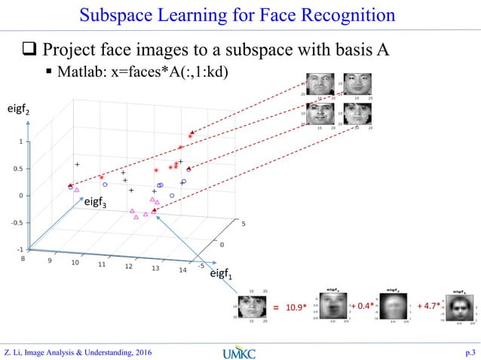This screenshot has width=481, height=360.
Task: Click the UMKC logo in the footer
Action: (x=240, y=351)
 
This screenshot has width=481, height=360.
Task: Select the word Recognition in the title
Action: (x=348, y=14)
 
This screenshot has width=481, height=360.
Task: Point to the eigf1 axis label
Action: (x=220, y=276)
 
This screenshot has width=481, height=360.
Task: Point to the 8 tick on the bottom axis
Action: (x=23, y=258)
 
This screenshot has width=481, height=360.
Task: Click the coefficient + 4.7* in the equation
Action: (x=429, y=306)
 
